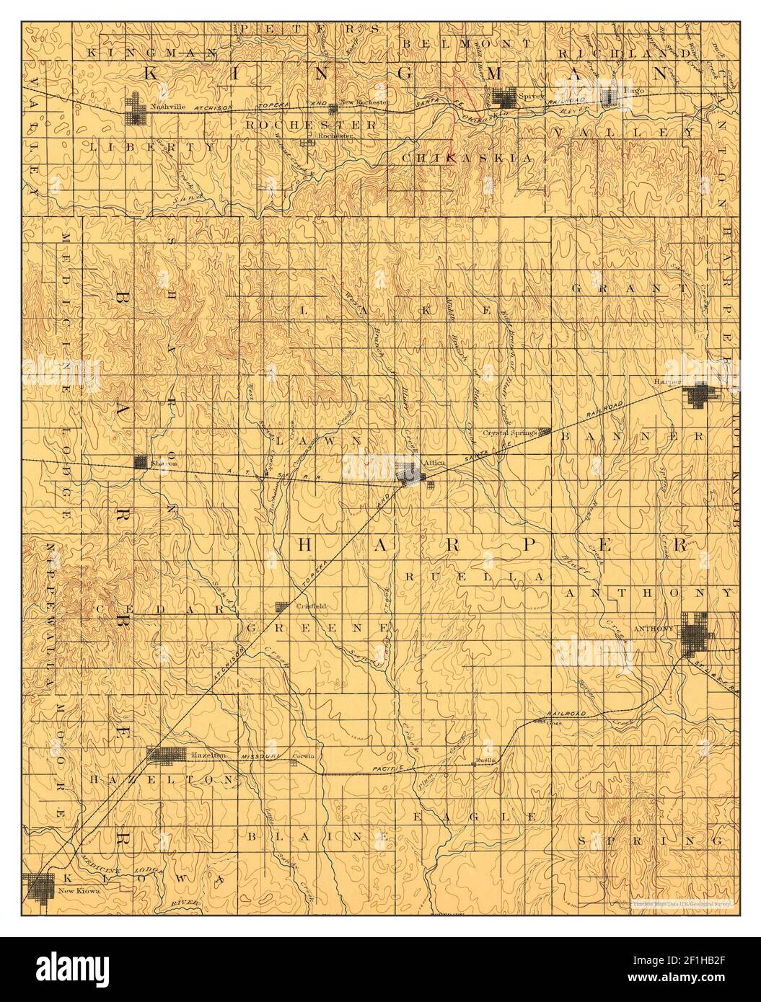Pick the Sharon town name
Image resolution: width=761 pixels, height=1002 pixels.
164,464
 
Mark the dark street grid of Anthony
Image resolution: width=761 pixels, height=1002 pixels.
695,632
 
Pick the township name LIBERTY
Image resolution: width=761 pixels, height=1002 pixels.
153,146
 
